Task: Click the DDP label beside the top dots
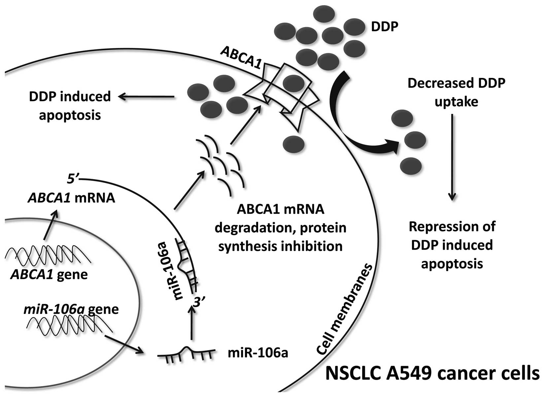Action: (385, 26)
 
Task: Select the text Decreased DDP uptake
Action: (456, 93)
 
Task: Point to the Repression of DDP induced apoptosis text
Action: (452, 245)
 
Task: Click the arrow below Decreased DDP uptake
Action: (452, 157)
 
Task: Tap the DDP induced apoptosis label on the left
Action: (70, 106)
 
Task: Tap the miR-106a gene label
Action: (71, 309)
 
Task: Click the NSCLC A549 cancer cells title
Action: (432, 374)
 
